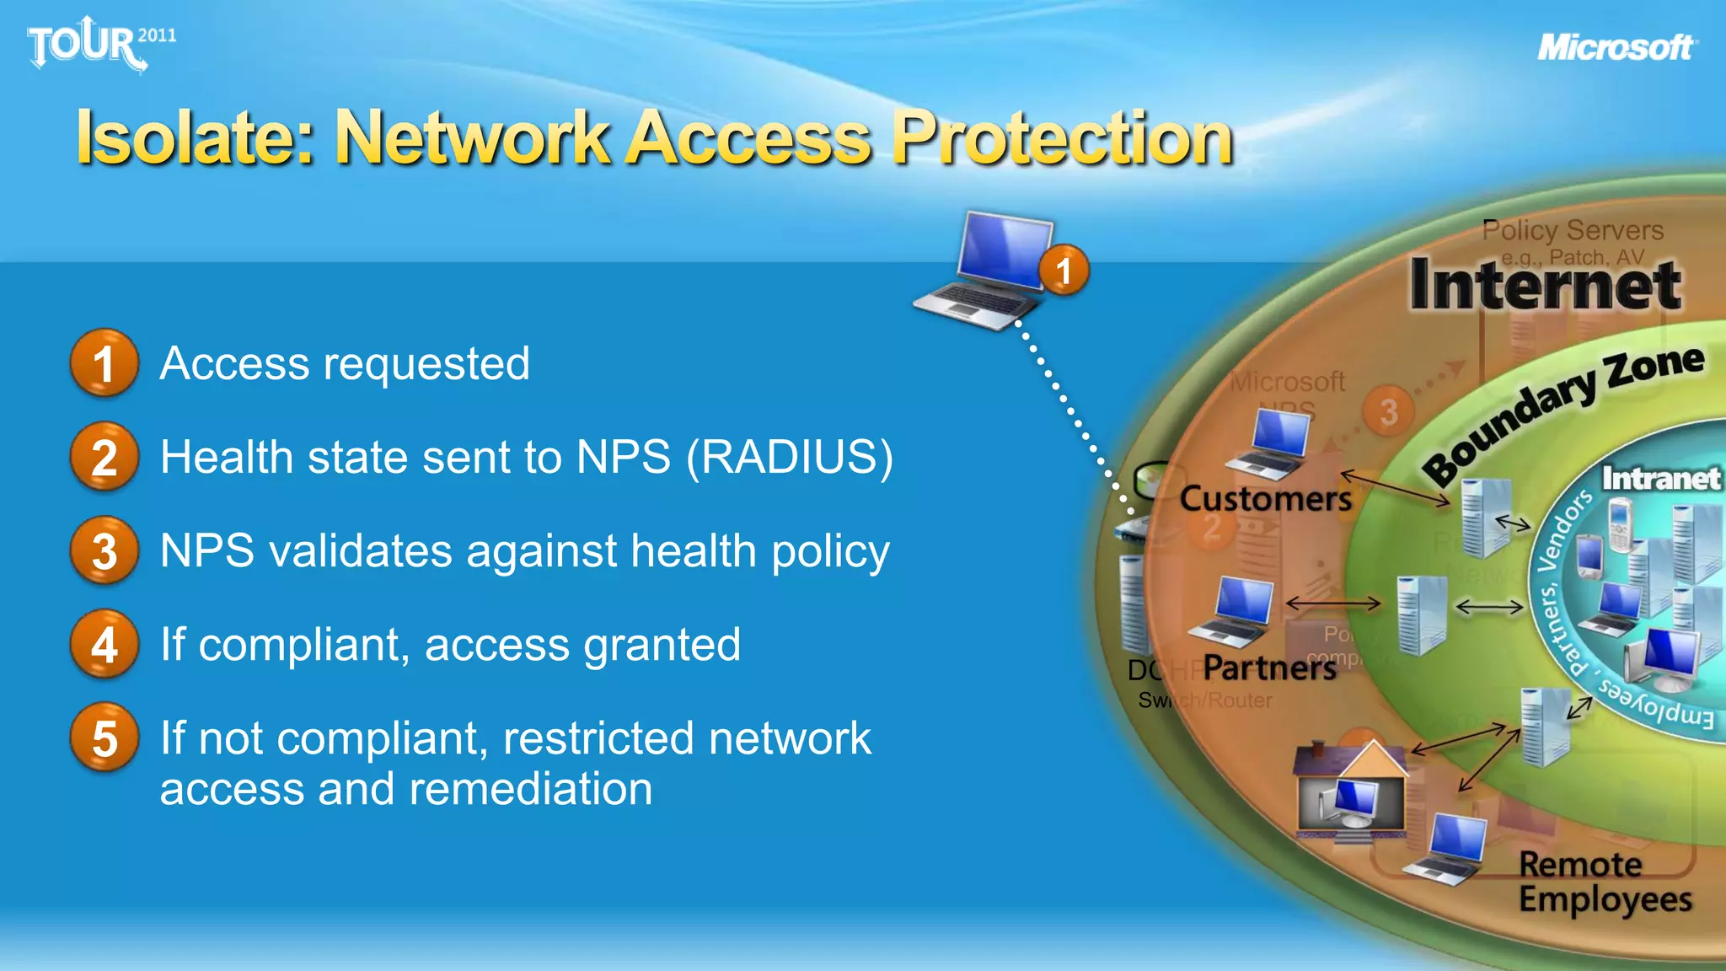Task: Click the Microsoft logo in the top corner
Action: (x=1616, y=47)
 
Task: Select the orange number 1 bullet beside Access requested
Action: (x=104, y=363)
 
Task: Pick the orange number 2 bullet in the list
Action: (x=104, y=458)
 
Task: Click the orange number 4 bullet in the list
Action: (x=104, y=645)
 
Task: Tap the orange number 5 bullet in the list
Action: (x=104, y=738)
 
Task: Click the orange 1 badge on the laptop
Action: (x=1064, y=271)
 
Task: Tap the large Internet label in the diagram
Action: (x=1545, y=285)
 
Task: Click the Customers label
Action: (x=1265, y=499)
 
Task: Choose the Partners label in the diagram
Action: (x=1269, y=668)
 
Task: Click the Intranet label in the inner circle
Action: (x=1660, y=479)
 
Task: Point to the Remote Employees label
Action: (x=1604, y=882)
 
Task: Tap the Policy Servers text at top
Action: (x=1573, y=230)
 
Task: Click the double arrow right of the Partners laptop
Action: (x=1333, y=603)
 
